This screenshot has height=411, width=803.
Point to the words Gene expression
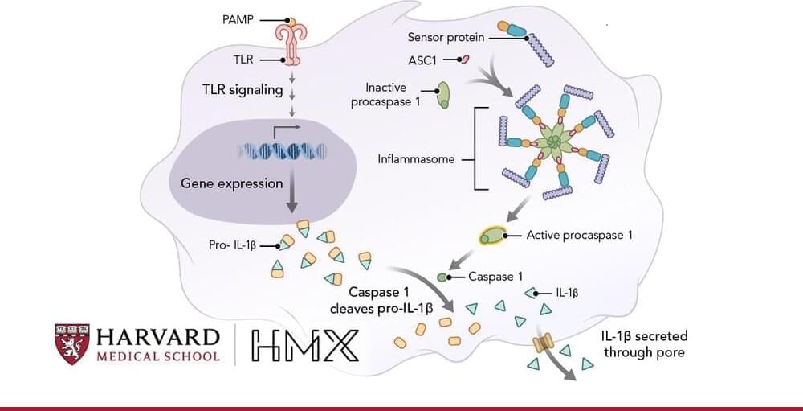[x=231, y=183]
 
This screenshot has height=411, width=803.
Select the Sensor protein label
[x=445, y=37]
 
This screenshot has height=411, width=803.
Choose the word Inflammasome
[x=416, y=159]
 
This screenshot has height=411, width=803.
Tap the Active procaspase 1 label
[x=579, y=236]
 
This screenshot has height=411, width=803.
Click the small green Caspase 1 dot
[x=442, y=277]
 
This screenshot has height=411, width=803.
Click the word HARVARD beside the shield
[x=157, y=336]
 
